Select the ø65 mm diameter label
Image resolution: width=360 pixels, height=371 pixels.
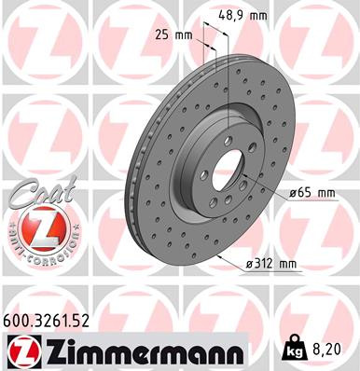312,193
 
